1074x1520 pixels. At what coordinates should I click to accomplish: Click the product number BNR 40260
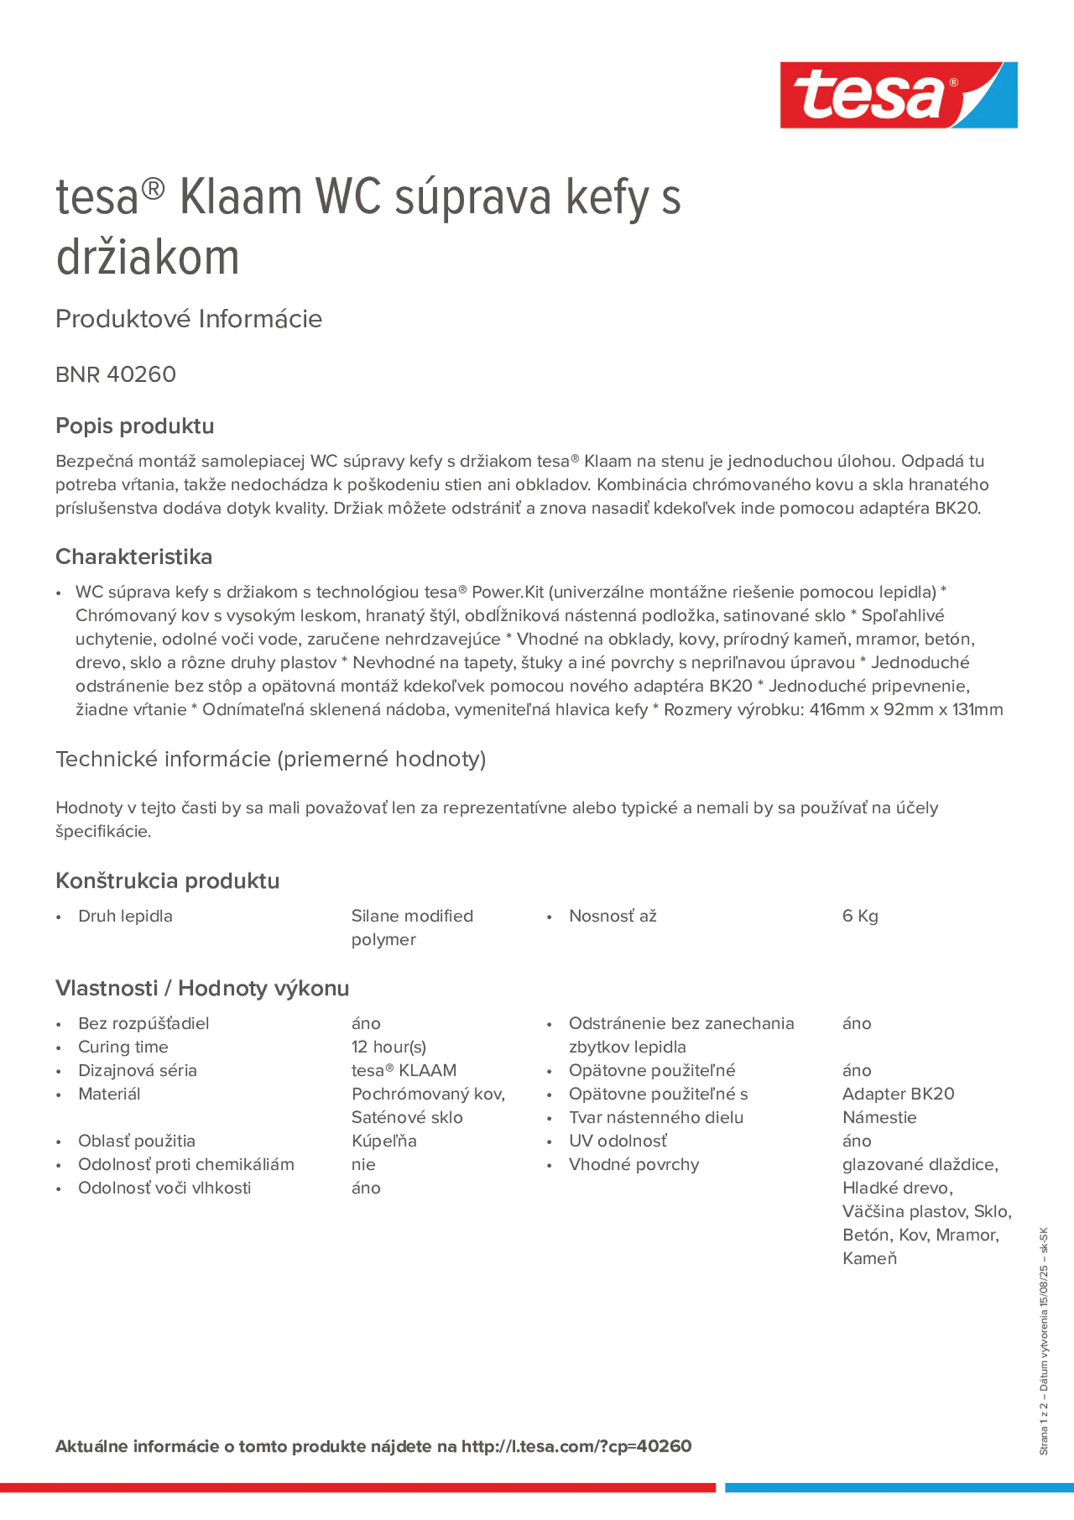tap(116, 374)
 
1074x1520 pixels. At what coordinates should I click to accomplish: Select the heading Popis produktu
tap(135, 426)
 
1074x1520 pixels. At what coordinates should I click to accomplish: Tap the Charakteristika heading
tap(134, 557)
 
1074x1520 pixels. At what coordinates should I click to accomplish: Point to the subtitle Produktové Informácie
tap(189, 319)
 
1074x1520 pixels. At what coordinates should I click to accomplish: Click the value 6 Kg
tap(859, 916)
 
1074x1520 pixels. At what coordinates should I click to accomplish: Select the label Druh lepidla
tap(125, 916)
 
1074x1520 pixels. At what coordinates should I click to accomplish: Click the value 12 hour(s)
tap(389, 1047)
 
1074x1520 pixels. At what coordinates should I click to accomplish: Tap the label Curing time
tap(123, 1047)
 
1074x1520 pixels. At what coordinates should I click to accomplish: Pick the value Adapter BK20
tap(898, 1094)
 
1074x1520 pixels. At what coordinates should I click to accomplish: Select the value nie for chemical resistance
tap(364, 1164)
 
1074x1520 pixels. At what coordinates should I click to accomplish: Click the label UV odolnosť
tap(618, 1140)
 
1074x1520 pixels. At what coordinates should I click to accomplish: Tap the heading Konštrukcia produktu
tap(167, 881)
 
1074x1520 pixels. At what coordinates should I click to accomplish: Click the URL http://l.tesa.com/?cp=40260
tap(576, 1447)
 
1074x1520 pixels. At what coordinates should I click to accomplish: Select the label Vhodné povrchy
tap(633, 1164)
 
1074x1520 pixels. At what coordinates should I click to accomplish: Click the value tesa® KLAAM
tap(404, 1070)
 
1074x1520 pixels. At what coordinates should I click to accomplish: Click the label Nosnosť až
tap(612, 916)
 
